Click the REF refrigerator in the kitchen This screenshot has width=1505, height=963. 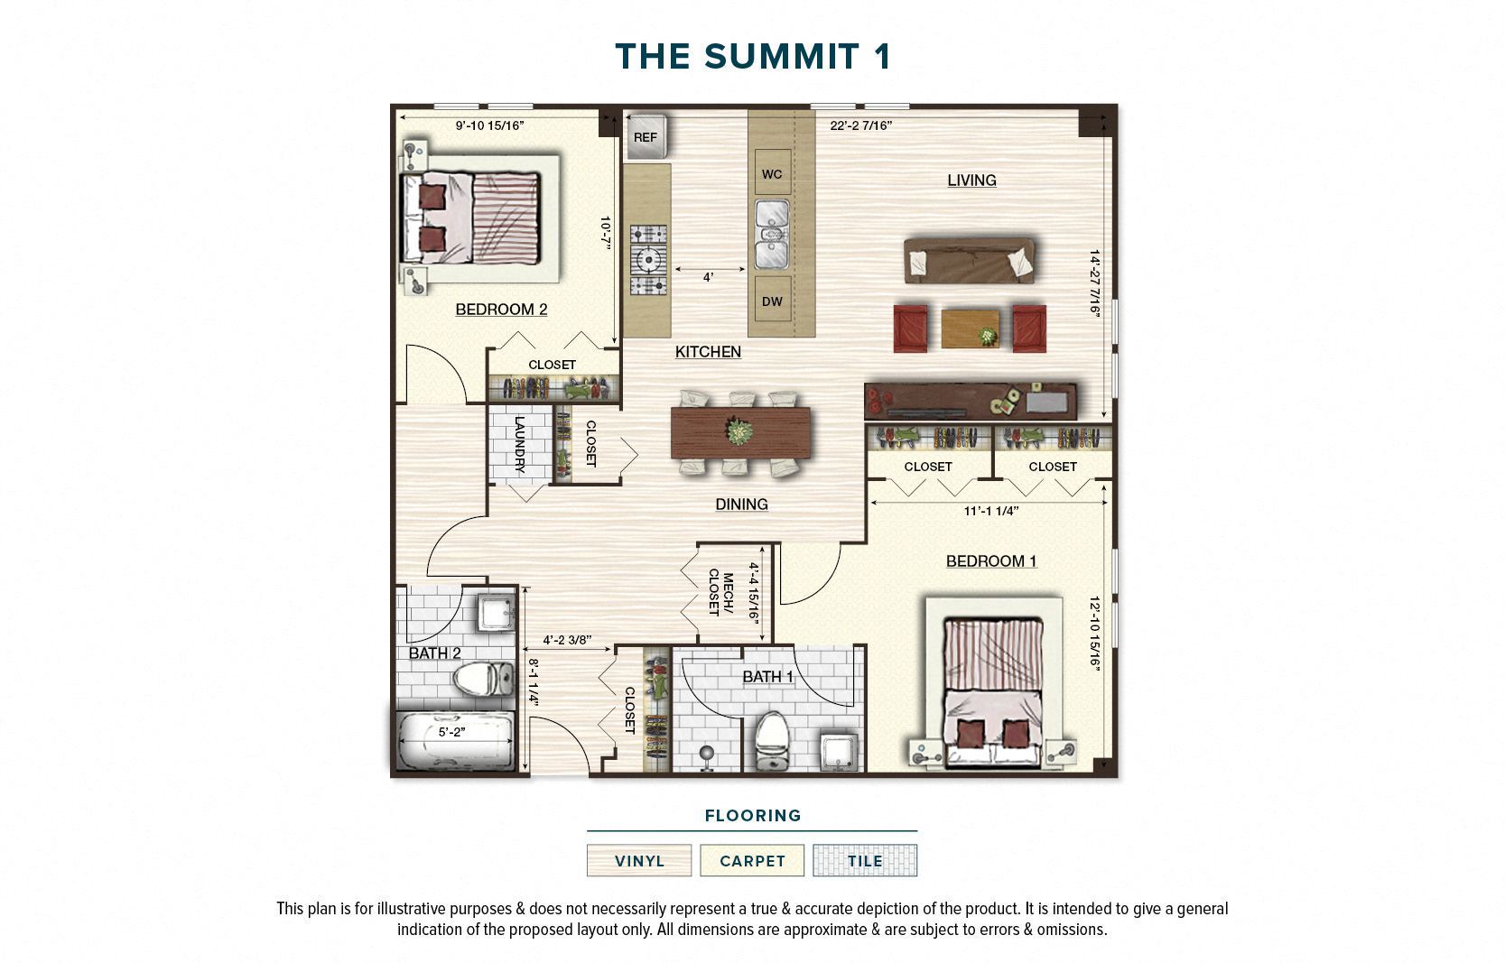point(646,137)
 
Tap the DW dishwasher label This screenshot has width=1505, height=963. point(772,301)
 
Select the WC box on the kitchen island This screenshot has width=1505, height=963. point(772,174)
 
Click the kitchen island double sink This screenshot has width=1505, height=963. point(772,234)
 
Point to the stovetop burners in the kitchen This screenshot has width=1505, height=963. point(648,260)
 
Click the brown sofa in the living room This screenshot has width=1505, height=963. point(970,261)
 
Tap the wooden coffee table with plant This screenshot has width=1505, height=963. point(971,329)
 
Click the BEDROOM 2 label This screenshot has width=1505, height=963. point(501,310)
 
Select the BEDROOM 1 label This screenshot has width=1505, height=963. point(990,561)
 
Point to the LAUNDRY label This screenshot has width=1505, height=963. point(519,444)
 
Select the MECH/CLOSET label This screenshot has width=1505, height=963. point(720,593)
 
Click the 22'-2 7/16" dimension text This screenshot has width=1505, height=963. point(860,125)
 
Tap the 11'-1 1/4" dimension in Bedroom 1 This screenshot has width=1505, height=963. point(990,511)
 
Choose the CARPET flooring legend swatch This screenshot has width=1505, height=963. point(752,860)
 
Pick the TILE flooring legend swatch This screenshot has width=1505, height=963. point(864,860)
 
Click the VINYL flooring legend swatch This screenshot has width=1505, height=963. point(639,860)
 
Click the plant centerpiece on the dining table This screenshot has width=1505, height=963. point(739,431)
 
